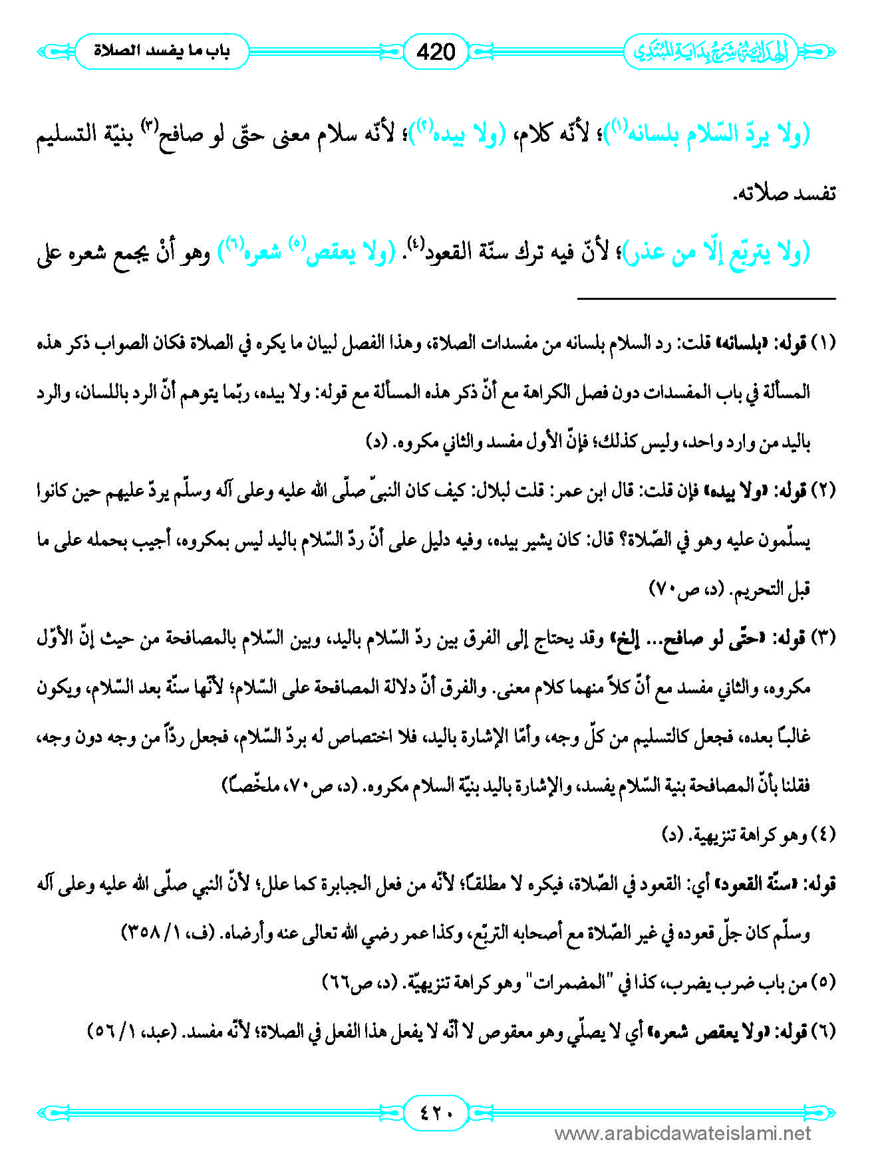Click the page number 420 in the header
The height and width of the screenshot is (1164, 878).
[436, 51]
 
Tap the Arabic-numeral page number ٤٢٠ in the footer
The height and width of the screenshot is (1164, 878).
[436, 1111]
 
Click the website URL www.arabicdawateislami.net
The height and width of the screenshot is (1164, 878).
[682, 1133]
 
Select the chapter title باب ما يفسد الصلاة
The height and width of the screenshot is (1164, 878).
[162, 51]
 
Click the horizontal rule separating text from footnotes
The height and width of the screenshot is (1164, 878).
[706, 299]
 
